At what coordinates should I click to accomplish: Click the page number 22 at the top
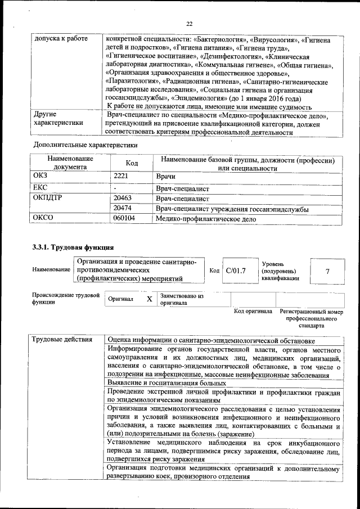(x=189, y=23)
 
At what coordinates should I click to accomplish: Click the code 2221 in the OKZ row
(x=122, y=177)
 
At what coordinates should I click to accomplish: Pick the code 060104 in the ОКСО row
(x=124, y=219)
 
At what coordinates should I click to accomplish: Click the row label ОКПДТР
(x=49, y=198)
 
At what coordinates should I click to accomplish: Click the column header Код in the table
(x=132, y=163)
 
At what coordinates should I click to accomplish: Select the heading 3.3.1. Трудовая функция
(x=73, y=247)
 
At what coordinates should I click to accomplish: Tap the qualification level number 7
(x=328, y=271)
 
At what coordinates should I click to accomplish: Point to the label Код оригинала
(x=253, y=311)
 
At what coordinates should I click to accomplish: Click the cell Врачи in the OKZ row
(x=165, y=177)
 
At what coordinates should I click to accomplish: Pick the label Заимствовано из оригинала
(x=182, y=299)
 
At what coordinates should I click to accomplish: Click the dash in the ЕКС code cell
(x=115, y=188)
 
